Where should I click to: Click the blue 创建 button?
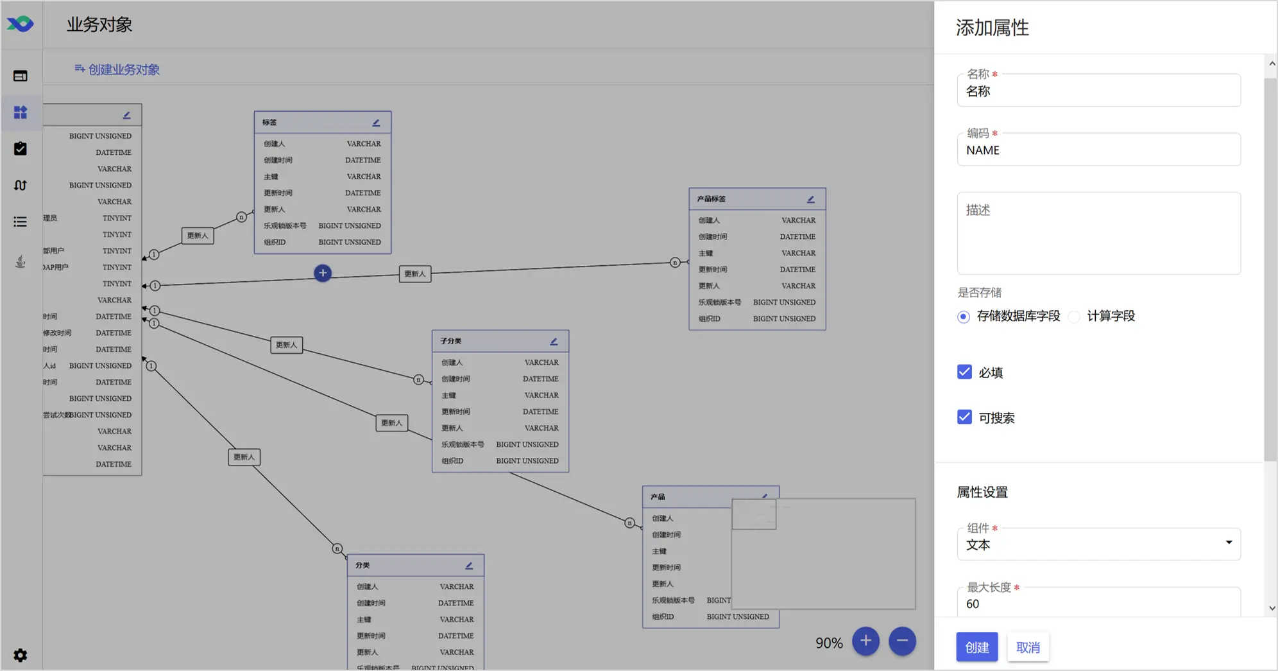coord(976,647)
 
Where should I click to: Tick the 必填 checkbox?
coord(964,372)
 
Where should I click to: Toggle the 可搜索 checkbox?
coord(964,417)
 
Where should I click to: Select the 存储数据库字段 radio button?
coord(964,317)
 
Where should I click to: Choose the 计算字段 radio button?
coord(1074,317)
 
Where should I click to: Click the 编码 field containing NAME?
coord(1098,150)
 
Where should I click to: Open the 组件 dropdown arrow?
coord(1229,543)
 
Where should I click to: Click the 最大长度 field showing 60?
coord(1098,604)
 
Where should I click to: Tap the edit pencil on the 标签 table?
coord(377,123)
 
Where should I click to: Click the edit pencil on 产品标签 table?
coord(811,199)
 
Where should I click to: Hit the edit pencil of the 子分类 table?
coord(554,342)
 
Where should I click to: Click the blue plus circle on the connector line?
coord(323,273)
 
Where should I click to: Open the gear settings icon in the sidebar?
coord(21,655)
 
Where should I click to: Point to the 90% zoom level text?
coord(829,643)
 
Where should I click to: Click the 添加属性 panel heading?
coord(992,28)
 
